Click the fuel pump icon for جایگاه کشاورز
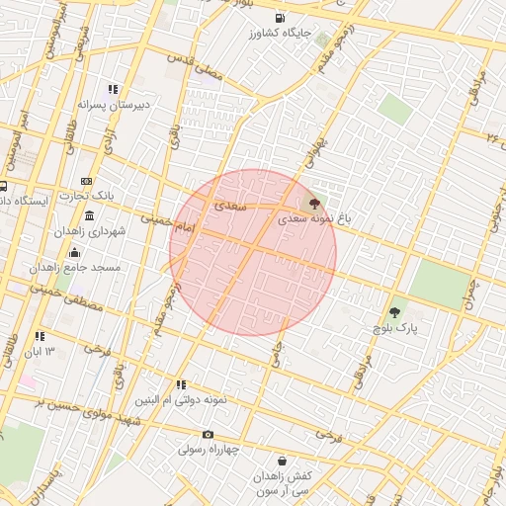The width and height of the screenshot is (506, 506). (282, 18)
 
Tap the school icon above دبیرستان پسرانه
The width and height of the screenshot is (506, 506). (114, 89)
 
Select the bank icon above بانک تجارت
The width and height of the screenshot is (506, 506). (87, 181)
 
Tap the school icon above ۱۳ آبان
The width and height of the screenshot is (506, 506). (40, 336)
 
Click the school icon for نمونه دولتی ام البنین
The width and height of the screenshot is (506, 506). (181, 384)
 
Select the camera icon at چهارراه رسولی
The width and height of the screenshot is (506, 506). (208, 435)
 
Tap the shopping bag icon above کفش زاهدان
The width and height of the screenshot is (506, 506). (283, 461)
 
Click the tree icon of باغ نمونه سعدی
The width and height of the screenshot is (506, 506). (314, 204)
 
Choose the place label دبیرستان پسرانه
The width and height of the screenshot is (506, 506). (141, 103)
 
